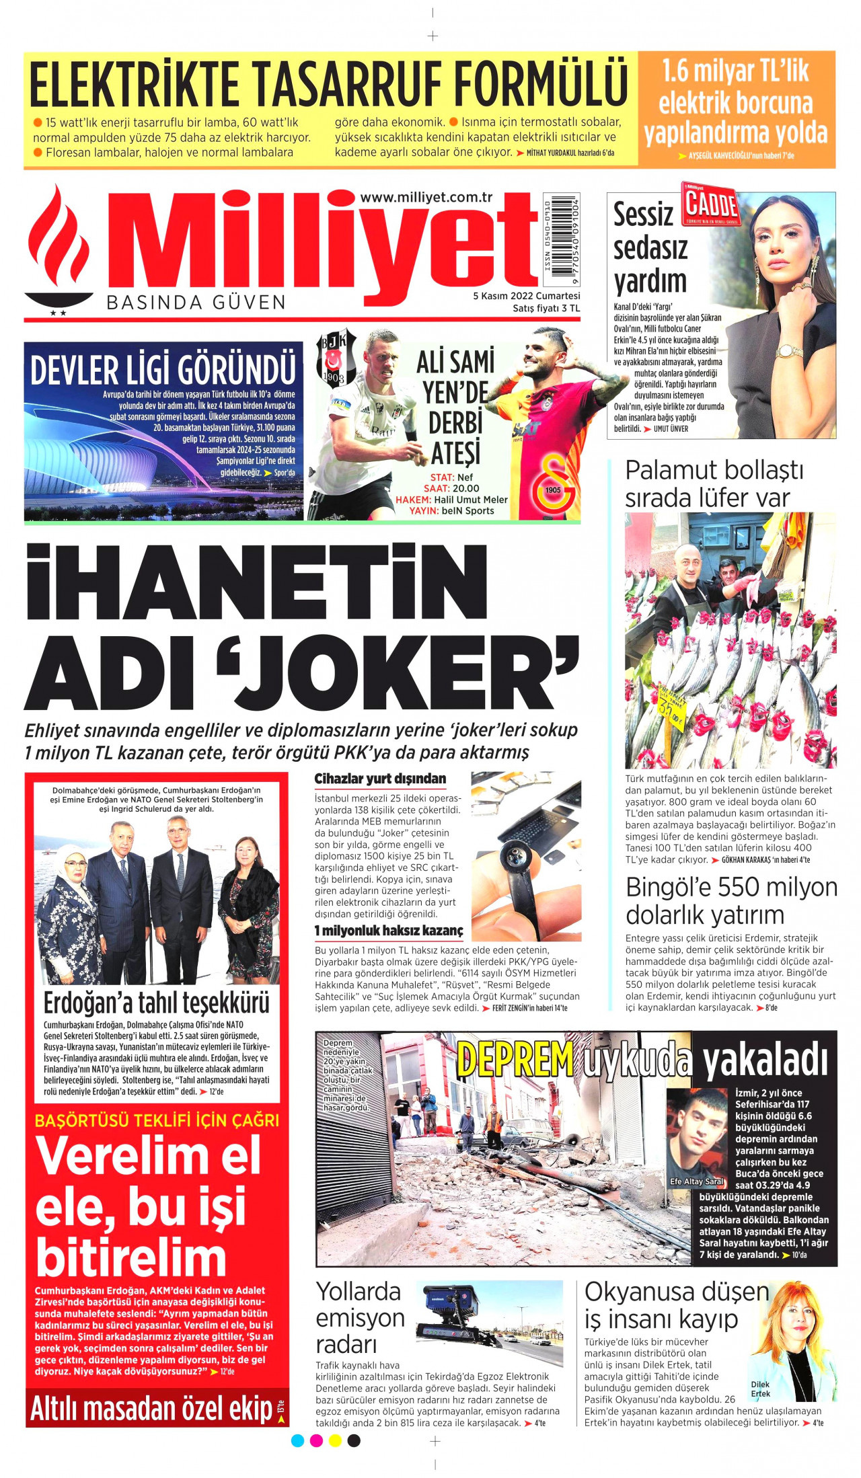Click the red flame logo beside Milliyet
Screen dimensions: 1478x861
tap(59, 249)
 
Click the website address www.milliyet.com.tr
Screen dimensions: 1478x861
tap(426, 197)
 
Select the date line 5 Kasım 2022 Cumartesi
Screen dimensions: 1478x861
tap(526, 296)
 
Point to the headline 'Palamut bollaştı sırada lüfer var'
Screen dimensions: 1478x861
tap(714, 484)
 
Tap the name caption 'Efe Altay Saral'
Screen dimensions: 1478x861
tap(696, 1181)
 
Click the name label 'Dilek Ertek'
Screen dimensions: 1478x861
tap(760, 1389)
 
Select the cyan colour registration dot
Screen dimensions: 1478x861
tap(297, 1440)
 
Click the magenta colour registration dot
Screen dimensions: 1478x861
tap(316, 1440)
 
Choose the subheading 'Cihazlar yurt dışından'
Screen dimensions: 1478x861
tap(380, 779)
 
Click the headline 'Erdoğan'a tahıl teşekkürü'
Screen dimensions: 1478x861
tap(156, 1003)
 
